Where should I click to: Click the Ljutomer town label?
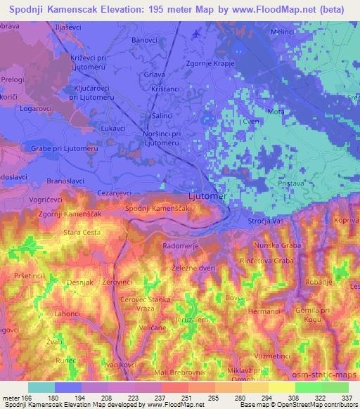pyautogui.click(x=209, y=197)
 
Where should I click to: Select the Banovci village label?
pyautogui.click(x=146, y=41)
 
